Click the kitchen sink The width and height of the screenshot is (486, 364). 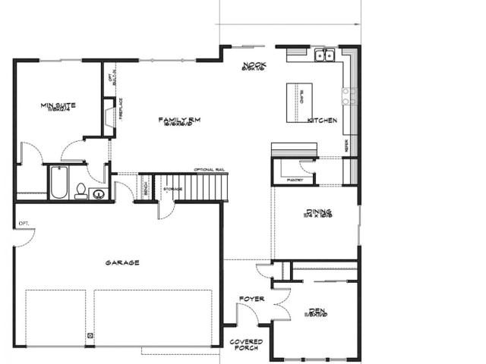(326, 55)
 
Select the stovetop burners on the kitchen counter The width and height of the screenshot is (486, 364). (349, 96)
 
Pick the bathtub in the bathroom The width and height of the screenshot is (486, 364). (58, 182)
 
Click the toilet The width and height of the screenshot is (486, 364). (80, 190)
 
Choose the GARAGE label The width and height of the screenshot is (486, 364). (122, 263)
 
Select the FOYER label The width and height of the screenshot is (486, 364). (251, 299)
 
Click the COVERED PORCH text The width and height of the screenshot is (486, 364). (246, 345)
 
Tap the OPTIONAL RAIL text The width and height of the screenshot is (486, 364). (209, 169)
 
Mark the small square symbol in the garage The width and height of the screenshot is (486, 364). (90, 336)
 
